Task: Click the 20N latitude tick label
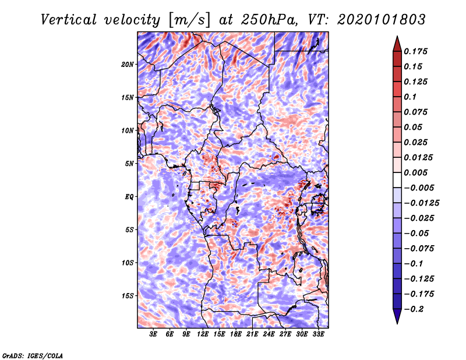coord(128,64)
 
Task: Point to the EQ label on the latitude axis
coord(129,196)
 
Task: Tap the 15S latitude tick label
coord(128,296)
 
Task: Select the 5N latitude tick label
coord(129,164)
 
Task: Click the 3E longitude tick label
coord(153,334)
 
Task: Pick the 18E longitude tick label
coord(236,334)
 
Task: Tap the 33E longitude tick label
coord(318,334)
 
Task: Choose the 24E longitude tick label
coord(269,334)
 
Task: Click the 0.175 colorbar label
coord(415,51)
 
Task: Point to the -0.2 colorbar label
coord(414,309)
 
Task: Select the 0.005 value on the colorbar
coord(415,172)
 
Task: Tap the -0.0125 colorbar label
coord(421,203)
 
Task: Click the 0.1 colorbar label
coord(410,97)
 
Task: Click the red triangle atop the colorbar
coord(397,44)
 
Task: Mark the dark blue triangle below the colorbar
coord(397,316)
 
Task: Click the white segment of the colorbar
coord(397,180)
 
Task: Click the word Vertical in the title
coord(69,20)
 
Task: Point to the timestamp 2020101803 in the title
coord(382,20)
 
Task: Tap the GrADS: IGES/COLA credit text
coord(33,355)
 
